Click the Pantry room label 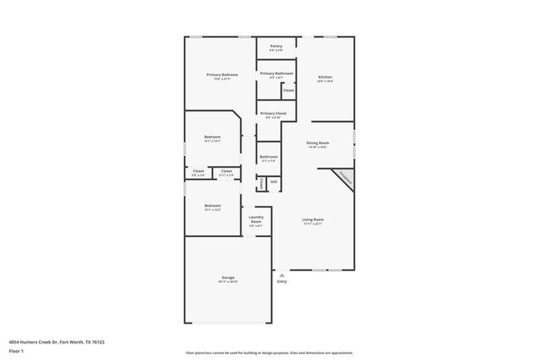pos(276,46)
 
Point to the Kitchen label pos(325,77)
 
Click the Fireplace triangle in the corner pos(343,178)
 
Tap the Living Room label pos(313,220)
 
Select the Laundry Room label pos(256,221)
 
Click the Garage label pos(227,277)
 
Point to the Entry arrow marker pos(282,272)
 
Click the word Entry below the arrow pos(282,281)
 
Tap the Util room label pos(273,181)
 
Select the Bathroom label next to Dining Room pos(269,157)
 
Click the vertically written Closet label pos(262,182)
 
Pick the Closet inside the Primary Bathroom pos(289,90)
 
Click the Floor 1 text pos(17,351)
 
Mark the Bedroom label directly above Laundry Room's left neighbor pos(213,206)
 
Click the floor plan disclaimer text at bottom pos(269,353)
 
